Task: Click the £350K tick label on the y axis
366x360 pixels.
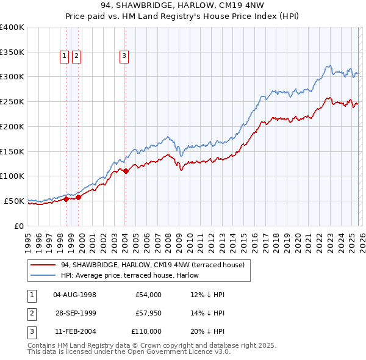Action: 12,52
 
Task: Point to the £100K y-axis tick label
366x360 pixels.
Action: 12,176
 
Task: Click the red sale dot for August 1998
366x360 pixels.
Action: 66,198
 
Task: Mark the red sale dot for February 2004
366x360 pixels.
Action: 126,171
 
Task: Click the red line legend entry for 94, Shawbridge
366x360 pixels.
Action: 152,265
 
